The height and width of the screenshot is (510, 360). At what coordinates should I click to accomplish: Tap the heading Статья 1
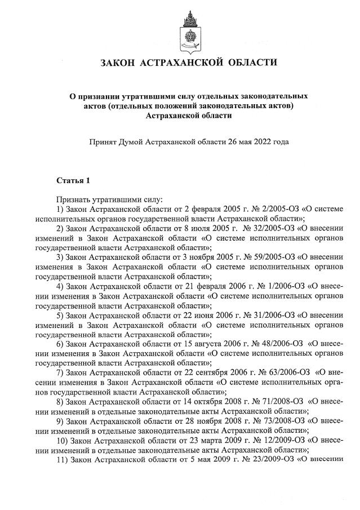(73, 180)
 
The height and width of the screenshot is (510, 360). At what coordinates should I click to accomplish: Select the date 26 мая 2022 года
(259, 141)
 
